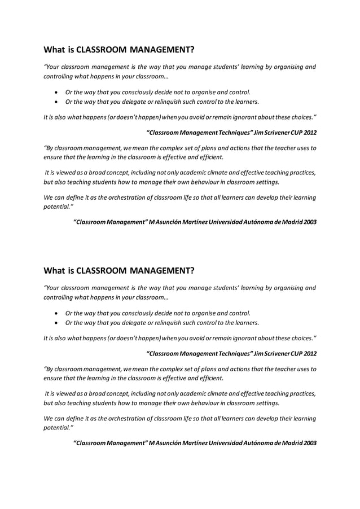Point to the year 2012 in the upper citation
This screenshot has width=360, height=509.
click(309, 133)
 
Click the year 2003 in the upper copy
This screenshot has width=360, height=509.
click(309, 222)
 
